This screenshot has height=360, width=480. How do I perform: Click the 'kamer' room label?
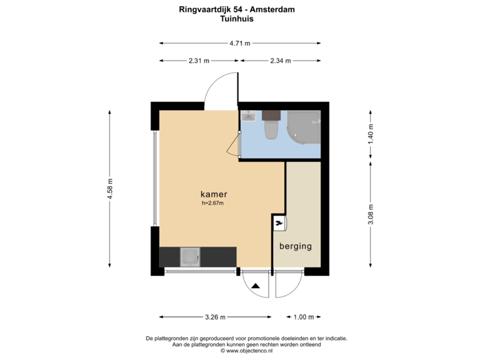tap(214, 195)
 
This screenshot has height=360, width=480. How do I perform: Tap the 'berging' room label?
tap(295, 246)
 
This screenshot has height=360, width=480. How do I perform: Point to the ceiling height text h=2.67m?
tap(213, 203)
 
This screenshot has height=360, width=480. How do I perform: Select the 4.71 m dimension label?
tap(240, 43)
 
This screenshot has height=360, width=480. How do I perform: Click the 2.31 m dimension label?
tap(199, 61)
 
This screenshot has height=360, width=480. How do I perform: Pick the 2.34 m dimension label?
tap(280, 61)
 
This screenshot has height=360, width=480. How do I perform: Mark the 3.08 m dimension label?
tap(371, 214)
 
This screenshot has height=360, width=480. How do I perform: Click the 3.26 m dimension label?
tap(215, 317)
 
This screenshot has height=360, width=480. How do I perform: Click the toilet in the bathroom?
tap(271, 128)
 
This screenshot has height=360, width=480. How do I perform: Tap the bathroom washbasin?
tap(248, 117)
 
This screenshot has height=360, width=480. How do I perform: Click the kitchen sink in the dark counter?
tap(191, 256)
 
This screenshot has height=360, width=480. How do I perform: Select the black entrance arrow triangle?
tap(256, 286)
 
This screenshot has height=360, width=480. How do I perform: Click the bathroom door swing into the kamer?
tap(233, 144)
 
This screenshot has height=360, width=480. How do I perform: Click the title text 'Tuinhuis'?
tap(237, 19)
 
